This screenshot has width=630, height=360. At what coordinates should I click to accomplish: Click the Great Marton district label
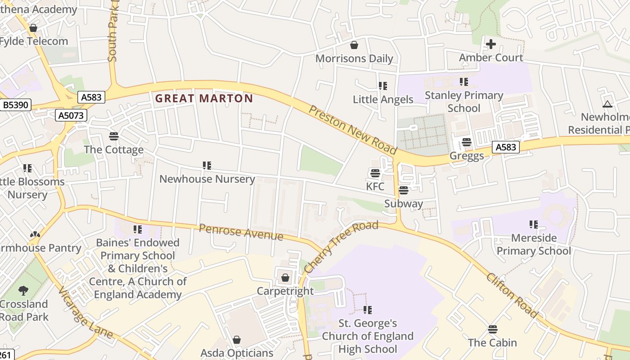[204, 99]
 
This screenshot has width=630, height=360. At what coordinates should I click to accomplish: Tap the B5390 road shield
[15, 105]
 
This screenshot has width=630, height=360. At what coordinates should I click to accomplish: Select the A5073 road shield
[71, 116]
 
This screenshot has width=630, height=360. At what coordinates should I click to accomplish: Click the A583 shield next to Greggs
[506, 147]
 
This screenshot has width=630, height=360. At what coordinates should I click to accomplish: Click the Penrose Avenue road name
[241, 232]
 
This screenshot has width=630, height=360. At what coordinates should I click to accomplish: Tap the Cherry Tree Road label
[340, 247]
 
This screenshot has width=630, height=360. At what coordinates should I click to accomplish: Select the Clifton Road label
[512, 295]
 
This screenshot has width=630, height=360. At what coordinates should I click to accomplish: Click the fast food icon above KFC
[375, 173]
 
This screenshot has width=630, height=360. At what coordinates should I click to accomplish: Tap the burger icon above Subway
[404, 190]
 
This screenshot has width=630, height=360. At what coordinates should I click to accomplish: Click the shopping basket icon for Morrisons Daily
[354, 45]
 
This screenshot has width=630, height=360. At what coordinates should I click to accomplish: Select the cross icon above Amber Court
[490, 44]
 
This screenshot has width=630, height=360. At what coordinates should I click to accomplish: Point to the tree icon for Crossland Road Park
[23, 291]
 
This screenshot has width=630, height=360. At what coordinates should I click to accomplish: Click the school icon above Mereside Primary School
[534, 224]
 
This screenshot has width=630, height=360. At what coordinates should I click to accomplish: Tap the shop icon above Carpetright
[285, 278]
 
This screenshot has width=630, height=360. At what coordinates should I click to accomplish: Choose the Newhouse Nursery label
[207, 179]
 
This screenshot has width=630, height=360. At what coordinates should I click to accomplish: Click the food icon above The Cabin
[493, 329]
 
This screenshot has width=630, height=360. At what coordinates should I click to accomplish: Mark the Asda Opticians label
[237, 353]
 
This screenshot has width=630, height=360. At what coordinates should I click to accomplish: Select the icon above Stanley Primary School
[463, 82]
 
